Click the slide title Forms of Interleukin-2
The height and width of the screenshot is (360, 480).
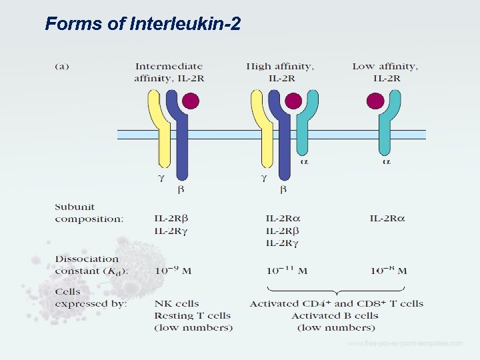pos(143,25)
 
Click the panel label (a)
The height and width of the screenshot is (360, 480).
pos(62,66)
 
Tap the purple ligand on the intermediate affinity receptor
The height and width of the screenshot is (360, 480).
pos(191,101)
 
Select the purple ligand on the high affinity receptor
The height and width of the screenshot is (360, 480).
pos(293,101)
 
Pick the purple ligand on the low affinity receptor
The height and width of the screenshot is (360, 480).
pos(376,101)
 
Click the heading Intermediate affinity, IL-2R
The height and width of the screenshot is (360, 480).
pos(169,72)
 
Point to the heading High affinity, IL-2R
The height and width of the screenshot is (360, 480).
pos(280,72)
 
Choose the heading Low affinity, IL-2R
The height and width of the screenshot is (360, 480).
pos(385,72)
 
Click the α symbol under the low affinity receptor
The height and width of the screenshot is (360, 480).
pos(386,161)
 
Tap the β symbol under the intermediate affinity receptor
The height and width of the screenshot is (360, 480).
pos(180,189)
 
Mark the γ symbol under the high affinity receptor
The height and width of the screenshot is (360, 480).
pos(263,178)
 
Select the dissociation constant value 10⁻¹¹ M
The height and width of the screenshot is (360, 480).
pos(287,271)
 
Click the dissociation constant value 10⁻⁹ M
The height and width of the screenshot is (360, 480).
pos(173,271)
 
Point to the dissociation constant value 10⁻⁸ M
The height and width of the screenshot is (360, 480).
pos(389,271)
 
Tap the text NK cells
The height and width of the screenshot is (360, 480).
pos(177,303)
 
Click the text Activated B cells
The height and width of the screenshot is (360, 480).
pos(335,315)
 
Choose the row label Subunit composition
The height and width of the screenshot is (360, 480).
pos(89,213)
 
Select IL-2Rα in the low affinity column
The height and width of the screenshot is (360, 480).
pos(387,218)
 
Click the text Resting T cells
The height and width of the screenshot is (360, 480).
pos(192,315)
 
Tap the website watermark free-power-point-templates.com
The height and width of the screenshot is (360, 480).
pos(405,344)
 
